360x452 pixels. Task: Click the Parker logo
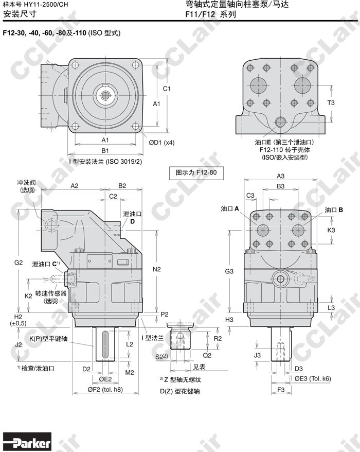pos(27,442)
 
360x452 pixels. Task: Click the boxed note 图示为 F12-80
pos(196,172)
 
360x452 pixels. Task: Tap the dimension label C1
pos(167,89)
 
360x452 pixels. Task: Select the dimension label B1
pos(105,150)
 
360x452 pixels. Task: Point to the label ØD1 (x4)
pos(161,143)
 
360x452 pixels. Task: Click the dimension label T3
pos(331,102)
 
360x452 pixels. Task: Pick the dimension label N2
pos(157,269)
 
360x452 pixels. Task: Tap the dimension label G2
pos(19,263)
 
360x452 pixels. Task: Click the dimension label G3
pos(229,271)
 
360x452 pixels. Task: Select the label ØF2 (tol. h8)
pos(105,389)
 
